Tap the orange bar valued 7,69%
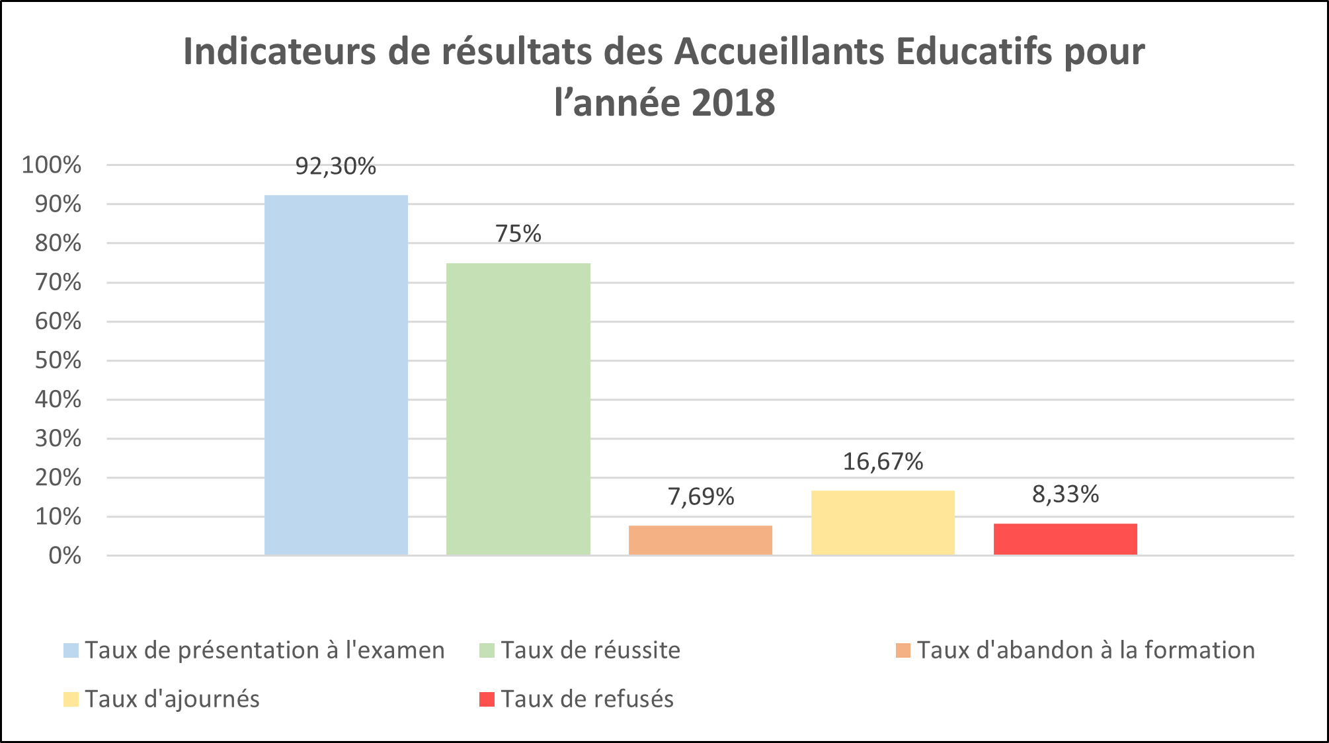(700, 540)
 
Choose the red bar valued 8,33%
(1065, 539)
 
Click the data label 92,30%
(336, 167)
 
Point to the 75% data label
(518, 234)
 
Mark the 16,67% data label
(883, 461)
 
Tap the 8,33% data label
(1065, 494)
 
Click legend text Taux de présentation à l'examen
(264, 650)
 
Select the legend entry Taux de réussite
(590, 650)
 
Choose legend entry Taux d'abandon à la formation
(1086, 650)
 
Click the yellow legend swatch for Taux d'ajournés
(71, 699)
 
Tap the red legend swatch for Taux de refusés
(487, 699)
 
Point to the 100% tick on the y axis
(52, 165)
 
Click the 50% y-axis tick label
(58, 361)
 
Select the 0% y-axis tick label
(65, 556)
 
